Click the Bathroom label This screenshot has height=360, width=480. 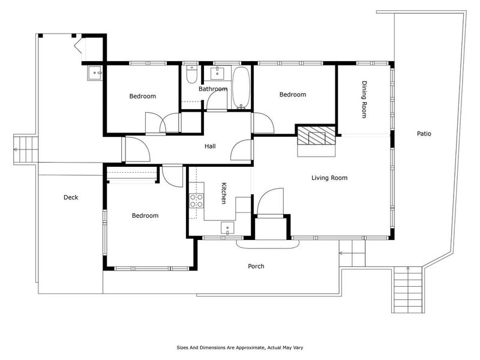pyautogui.click(x=213, y=89)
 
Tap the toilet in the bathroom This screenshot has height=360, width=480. pyautogui.click(x=191, y=74)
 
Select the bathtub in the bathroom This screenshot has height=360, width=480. pyautogui.click(x=241, y=88)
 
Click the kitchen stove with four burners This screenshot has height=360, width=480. pyautogui.click(x=197, y=200)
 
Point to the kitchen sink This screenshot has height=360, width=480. pyautogui.click(x=227, y=228)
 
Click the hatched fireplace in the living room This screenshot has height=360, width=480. pyautogui.click(x=317, y=135)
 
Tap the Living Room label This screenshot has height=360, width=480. pyautogui.click(x=329, y=178)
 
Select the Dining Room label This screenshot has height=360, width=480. pyautogui.click(x=364, y=99)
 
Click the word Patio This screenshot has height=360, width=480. pyautogui.click(x=424, y=134)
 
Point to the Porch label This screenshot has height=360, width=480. pyautogui.click(x=256, y=266)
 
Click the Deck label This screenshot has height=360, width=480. pyautogui.click(x=71, y=197)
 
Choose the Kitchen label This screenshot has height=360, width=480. pyautogui.click(x=224, y=193)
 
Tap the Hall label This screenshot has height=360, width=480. pyautogui.click(x=210, y=146)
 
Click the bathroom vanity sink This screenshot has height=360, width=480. pyautogui.click(x=217, y=73)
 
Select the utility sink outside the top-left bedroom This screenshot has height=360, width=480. pyautogui.click(x=95, y=73)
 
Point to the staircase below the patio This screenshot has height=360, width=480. pyautogui.click(x=408, y=290)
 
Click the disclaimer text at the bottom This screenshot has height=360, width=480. pyautogui.click(x=239, y=347)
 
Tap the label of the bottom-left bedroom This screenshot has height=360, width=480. pyautogui.click(x=145, y=215)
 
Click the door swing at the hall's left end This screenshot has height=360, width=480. pyautogui.click(x=137, y=149)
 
